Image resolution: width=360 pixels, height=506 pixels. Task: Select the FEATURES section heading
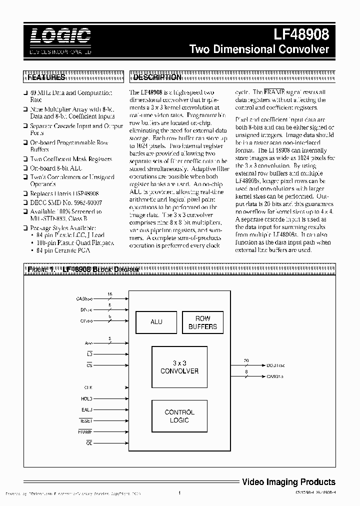(46, 77)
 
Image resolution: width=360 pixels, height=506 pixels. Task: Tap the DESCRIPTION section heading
(157, 77)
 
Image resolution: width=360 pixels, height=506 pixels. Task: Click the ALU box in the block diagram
(156, 322)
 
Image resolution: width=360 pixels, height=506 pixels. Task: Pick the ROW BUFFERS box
(202, 322)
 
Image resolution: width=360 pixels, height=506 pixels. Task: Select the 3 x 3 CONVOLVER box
(179, 367)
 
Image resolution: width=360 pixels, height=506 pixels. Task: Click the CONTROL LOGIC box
(179, 416)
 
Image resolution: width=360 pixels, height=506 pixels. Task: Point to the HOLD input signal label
(86, 399)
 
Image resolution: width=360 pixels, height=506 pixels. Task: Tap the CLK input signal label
(87, 388)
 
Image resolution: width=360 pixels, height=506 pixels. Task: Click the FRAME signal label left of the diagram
(85, 431)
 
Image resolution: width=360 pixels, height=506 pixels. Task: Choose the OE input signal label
(89, 442)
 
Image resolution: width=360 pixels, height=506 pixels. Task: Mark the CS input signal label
(89, 365)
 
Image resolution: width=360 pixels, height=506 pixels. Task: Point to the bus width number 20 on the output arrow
(246, 360)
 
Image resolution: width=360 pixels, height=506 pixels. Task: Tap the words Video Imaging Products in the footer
(288, 482)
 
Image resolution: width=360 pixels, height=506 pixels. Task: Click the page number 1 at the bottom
(179, 494)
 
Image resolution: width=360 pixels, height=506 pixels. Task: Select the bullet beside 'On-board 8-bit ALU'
(26, 168)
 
